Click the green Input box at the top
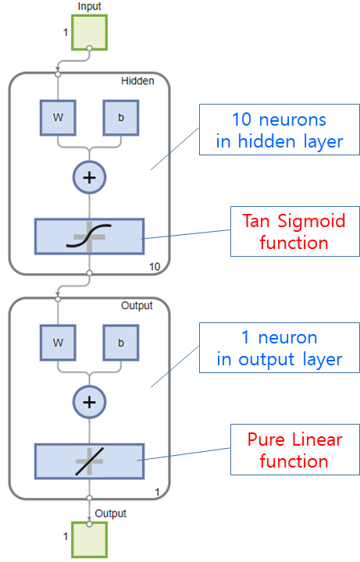click(x=89, y=32)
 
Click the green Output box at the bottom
click(x=89, y=540)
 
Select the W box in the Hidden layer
click(x=58, y=118)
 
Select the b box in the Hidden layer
click(x=121, y=118)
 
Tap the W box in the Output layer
click(x=58, y=343)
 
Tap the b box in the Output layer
click(x=121, y=343)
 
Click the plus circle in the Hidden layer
click(x=89, y=177)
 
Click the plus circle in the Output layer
click(x=89, y=402)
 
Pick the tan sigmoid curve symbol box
click(x=89, y=237)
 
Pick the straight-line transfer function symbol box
click(x=89, y=461)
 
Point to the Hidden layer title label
click(x=137, y=81)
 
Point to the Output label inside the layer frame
click(x=137, y=306)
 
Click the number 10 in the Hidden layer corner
click(x=155, y=267)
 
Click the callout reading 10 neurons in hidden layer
click(x=280, y=130)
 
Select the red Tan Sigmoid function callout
click(x=294, y=232)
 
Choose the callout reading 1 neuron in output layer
click(x=280, y=348)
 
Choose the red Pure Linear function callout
click(x=294, y=450)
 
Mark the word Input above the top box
click(x=90, y=6)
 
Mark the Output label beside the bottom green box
click(x=110, y=514)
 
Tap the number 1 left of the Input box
click(x=66, y=32)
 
